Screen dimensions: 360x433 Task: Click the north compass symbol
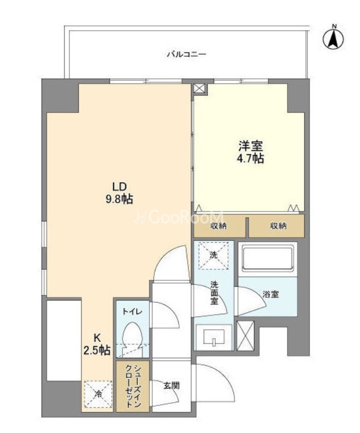[333, 38]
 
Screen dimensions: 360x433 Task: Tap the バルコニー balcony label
[186, 55]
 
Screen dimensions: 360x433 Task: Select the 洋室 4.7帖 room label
[251, 152]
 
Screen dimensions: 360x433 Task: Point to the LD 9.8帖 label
[119, 193]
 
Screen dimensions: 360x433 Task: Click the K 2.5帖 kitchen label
[97, 344]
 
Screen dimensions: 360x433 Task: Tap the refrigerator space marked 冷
[99, 394]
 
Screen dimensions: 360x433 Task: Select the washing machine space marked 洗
[214, 255]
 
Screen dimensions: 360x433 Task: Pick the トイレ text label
[133, 312]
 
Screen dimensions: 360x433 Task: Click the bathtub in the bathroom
[267, 258]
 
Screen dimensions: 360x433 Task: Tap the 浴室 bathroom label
[270, 294]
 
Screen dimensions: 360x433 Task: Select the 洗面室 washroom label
[214, 293]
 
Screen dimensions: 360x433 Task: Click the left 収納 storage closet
[219, 226]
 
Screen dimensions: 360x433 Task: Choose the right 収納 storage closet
[277, 226]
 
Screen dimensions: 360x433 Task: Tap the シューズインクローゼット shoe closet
[133, 386]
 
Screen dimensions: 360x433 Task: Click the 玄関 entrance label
[172, 385]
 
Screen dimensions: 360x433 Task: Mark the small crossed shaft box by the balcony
[199, 89]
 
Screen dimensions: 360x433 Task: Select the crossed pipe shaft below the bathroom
[245, 336]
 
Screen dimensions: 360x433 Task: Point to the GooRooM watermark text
[180, 217]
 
